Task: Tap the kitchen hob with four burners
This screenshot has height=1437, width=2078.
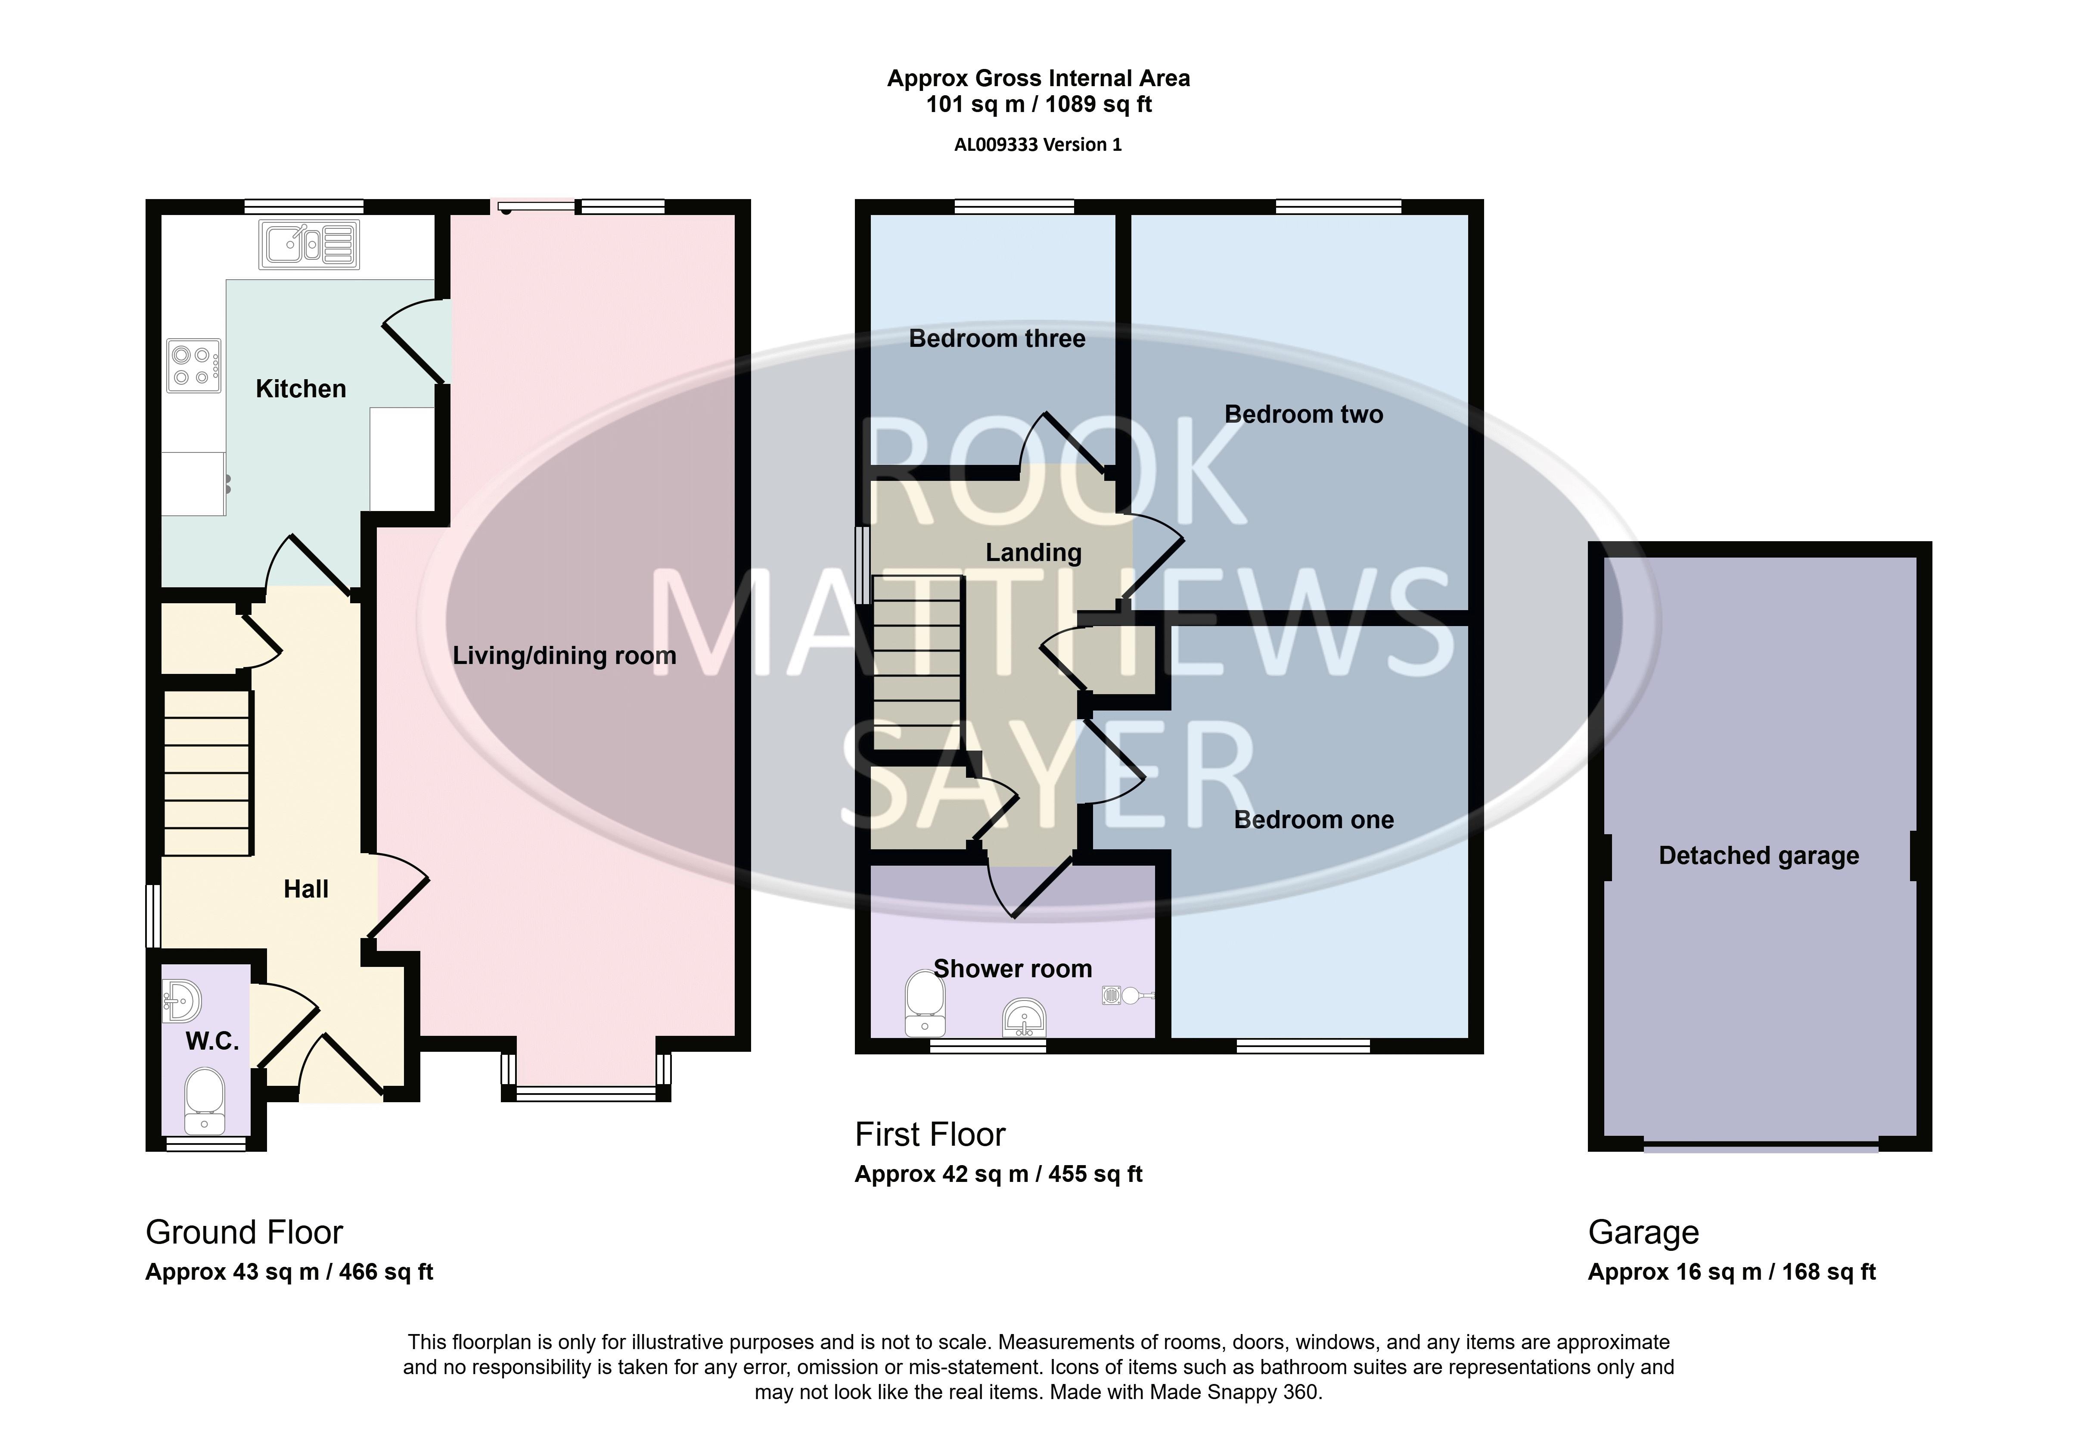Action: pyautogui.click(x=193, y=365)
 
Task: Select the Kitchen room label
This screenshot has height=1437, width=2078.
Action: pyautogui.click(x=301, y=389)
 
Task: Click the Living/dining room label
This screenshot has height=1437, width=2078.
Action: pyautogui.click(x=564, y=655)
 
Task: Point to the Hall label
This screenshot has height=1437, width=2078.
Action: pyautogui.click(x=306, y=890)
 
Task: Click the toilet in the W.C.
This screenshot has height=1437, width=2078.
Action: pyautogui.click(x=204, y=1100)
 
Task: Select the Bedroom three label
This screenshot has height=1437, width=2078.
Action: pyautogui.click(x=997, y=339)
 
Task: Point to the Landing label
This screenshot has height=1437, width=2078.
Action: pyautogui.click(x=1033, y=553)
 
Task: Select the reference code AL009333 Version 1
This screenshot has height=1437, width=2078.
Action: pyautogui.click(x=1038, y=144)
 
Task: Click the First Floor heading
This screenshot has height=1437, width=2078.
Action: pyautogui.click(x=930, y=1135)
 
